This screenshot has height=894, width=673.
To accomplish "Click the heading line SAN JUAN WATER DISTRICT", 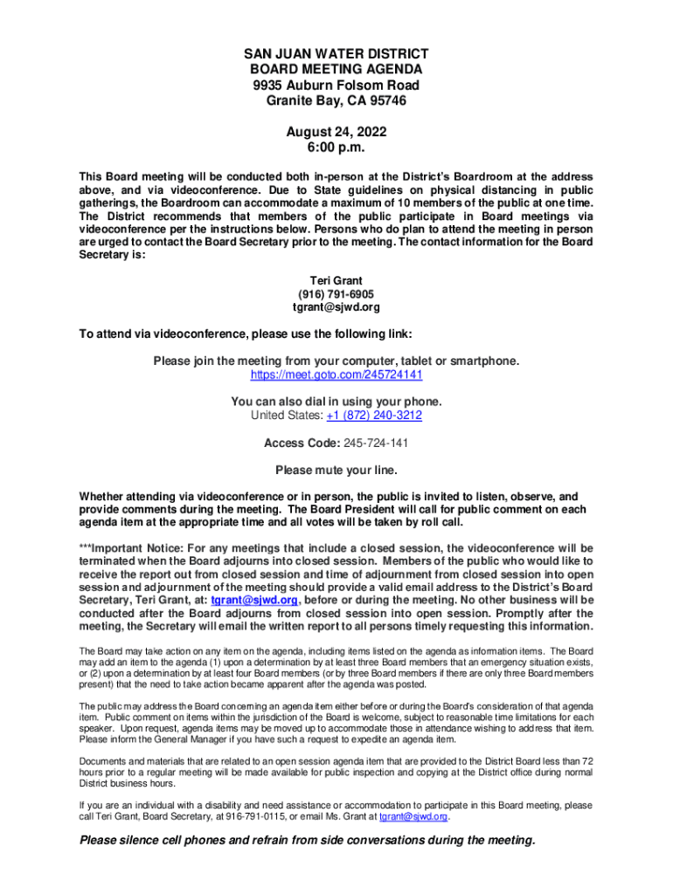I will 336,54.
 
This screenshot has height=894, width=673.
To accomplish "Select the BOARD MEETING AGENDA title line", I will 336,69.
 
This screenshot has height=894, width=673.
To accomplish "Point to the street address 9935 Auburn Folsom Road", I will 336,85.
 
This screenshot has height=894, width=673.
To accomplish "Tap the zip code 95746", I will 385,100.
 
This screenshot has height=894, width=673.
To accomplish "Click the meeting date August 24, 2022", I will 336,133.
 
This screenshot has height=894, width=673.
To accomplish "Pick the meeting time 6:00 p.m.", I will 336,148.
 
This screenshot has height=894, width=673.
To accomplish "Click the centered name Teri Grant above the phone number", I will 336,281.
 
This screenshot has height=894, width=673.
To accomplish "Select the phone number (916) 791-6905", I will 336,294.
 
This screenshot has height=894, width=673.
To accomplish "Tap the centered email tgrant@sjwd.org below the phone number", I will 336,307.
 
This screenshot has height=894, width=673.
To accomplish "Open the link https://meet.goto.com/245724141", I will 336,375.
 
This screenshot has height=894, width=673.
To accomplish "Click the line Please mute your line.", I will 336,470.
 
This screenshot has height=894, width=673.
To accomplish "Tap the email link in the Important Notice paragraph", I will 254,601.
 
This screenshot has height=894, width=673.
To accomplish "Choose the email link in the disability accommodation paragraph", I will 413,816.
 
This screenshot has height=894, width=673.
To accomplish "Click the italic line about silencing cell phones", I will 307,841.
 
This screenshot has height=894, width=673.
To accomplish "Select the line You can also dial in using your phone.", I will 336,402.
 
